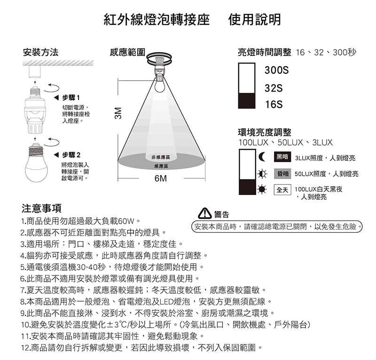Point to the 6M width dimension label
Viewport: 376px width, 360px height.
click(160, 179)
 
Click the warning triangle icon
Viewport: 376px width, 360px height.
click(205, 214)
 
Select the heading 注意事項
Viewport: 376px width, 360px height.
click(41, 208)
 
